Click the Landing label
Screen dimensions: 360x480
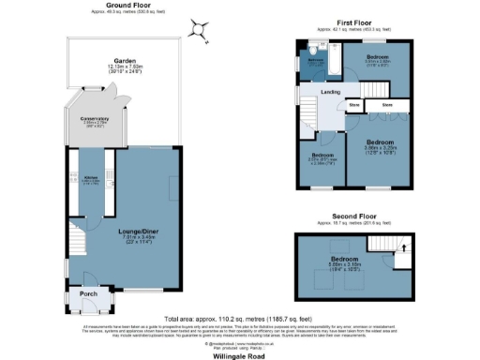tap(330, 92)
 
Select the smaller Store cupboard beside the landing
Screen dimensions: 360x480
tap(354, 106)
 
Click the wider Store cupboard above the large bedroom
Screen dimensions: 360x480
tap(387, 106)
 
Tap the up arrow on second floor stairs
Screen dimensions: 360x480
tap(404, 249)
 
